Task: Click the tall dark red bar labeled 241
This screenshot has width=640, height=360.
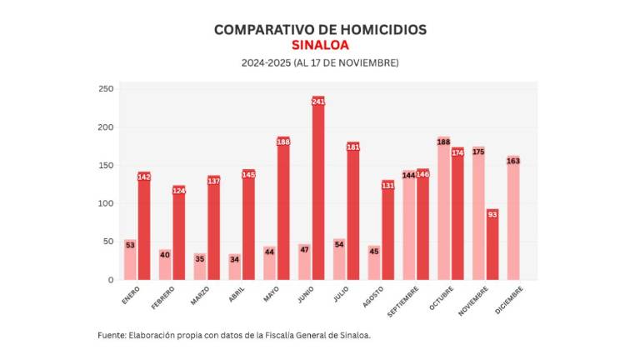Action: [317, 192]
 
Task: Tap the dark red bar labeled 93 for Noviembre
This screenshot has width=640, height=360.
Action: [492, 245]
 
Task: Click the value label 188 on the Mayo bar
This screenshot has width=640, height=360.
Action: [283, 142]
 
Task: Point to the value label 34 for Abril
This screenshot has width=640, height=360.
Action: [235, 259]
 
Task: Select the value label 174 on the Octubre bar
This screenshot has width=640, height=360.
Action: [457, 152]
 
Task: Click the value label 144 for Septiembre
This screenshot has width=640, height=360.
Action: [409, 175]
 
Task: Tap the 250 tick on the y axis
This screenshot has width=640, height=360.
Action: [106, 89]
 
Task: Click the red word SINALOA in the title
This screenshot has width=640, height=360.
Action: [320, 45]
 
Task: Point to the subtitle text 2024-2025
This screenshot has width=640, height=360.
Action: [265, 63]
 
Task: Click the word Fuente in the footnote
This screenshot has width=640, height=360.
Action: [111, 335]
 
